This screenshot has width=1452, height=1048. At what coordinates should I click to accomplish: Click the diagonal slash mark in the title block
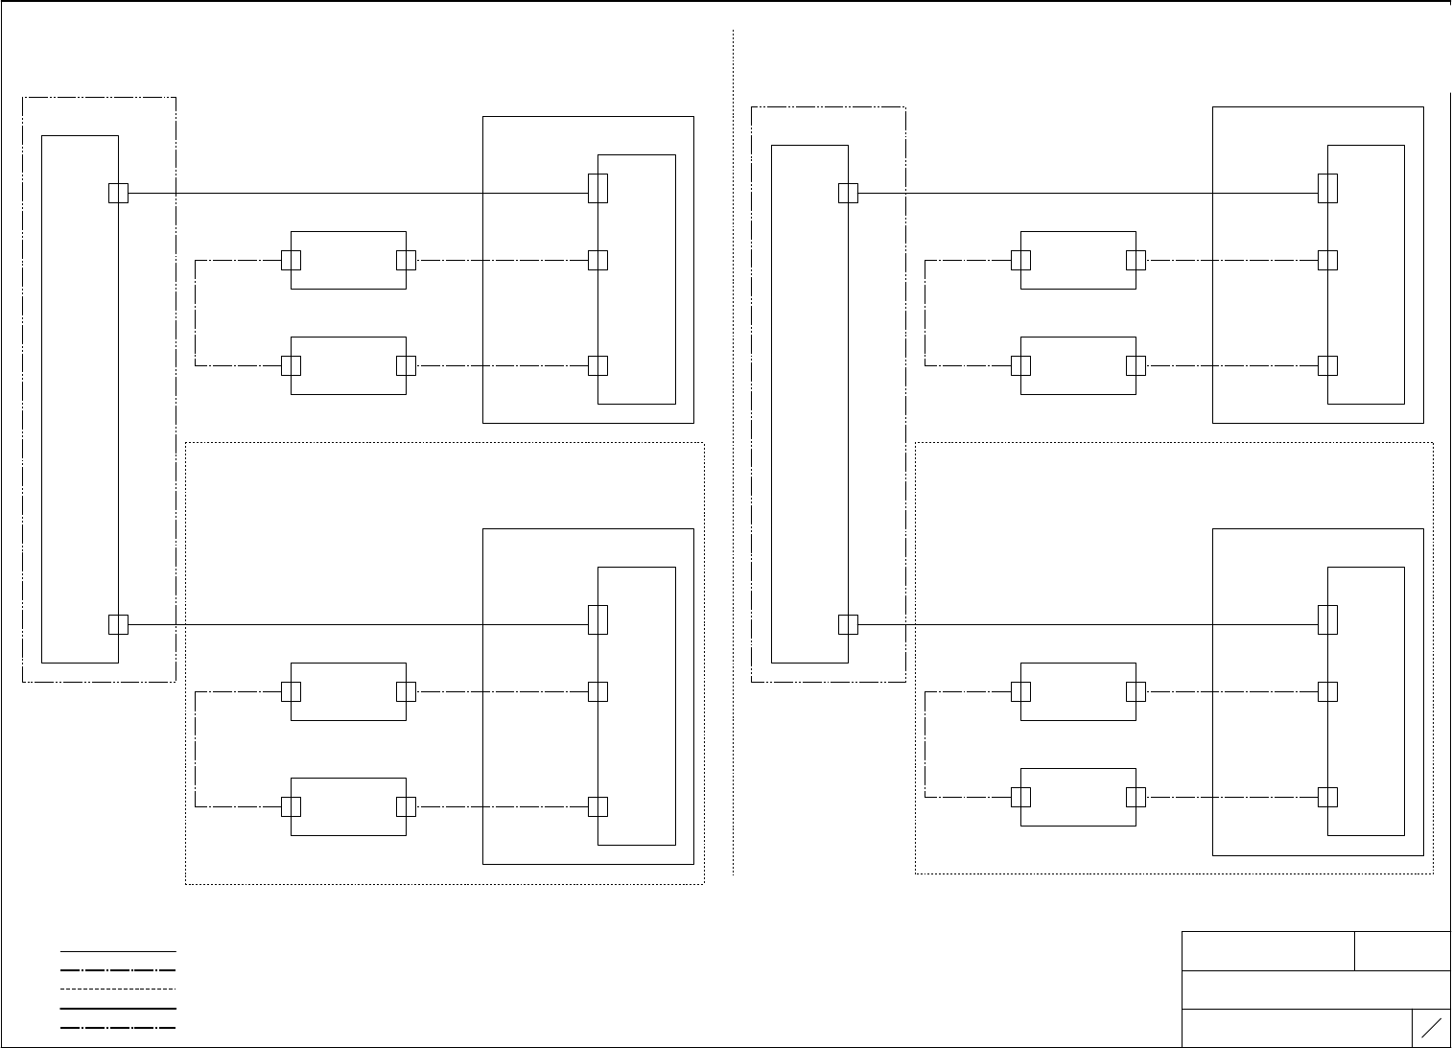(x=1431, y=1028)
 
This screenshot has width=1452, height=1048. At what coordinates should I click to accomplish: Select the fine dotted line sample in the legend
(x=118, y=989)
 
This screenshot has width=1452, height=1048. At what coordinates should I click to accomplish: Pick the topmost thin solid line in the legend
(x=118, y=951)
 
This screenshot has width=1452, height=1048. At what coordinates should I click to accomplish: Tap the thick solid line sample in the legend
(x=118, y=1008)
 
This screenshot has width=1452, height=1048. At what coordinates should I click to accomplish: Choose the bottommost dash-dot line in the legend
(x=118, y=1027)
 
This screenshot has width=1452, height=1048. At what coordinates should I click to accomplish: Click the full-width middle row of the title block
(x=1316, y=990)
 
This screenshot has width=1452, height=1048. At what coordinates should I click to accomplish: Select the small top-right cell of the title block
(x=1402, y=950)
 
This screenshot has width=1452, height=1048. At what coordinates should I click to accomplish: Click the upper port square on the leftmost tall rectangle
(x=118, y=193)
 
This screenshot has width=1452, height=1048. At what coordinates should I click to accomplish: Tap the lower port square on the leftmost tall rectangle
(x=118, y=624)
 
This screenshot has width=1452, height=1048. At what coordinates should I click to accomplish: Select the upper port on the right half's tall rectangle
(x=848, y=193)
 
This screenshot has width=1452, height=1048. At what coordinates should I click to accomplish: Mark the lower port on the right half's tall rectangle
(x=848, y=624)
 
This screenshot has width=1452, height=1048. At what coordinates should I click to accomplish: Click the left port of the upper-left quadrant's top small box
(x=291, y=260)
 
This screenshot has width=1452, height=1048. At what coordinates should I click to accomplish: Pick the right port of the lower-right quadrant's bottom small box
(x=1136, y=797)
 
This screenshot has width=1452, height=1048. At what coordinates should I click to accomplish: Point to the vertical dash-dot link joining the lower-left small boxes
(x=196, y=749)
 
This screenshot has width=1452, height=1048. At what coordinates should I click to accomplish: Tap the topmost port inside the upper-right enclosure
(x=1327, y=188)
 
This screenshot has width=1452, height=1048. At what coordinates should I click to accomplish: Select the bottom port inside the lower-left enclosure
(x=597, y=806)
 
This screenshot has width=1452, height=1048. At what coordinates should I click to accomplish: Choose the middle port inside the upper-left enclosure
(x=597, y=260)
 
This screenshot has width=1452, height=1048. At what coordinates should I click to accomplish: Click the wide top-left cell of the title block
(x=1268, y=950)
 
